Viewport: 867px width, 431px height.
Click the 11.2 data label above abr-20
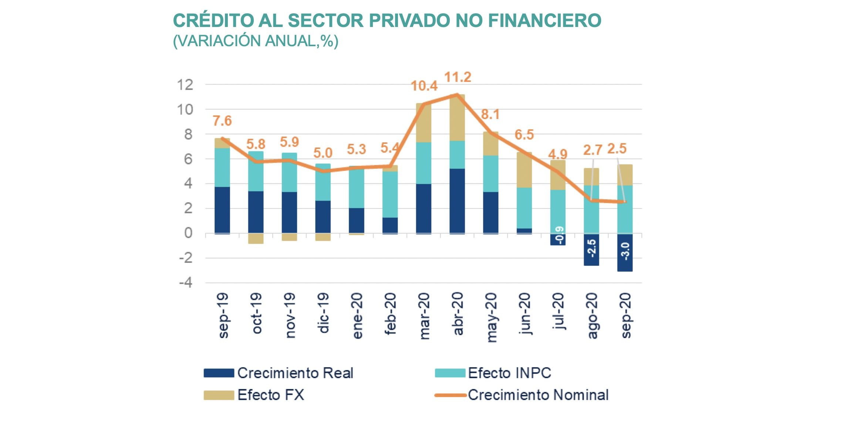458,77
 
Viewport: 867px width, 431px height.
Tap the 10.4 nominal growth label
424,86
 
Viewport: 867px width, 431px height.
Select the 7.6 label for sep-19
222,121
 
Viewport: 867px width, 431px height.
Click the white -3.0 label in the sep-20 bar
625,251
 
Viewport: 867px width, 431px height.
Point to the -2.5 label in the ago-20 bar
591,248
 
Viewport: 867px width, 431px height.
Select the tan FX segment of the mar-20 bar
424,123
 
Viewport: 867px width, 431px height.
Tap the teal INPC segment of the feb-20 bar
390,194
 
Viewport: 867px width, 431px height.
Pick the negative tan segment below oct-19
256,238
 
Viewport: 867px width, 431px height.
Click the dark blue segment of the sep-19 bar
222,210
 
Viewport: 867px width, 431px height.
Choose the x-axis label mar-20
424,316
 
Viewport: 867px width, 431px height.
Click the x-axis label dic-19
323,313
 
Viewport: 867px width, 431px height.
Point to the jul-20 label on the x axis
558,311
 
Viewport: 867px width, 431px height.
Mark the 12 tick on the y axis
185,85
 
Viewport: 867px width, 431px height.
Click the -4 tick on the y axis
186,283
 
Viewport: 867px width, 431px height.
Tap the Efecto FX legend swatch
219,395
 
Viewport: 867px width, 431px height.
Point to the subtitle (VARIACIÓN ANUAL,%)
256,41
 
